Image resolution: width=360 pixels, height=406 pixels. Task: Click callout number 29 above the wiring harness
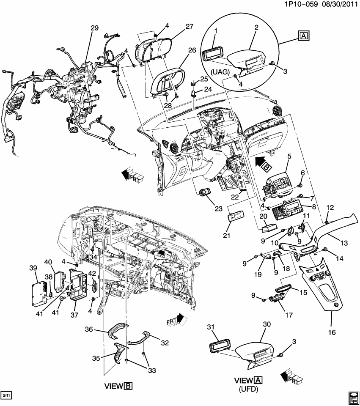[94, 28]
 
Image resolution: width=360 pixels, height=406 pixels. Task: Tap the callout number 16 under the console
[332, 332]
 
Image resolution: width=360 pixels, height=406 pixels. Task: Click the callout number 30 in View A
[267, 324]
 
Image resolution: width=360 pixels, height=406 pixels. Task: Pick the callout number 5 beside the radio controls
[289, 156]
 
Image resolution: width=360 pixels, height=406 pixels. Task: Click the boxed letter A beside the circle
[304, 36]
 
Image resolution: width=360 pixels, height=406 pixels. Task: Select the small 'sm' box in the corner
[6, 395]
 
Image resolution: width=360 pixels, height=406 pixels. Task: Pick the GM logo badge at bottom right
[353, 397]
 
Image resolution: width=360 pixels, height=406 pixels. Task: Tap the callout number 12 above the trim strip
[330, 207]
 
